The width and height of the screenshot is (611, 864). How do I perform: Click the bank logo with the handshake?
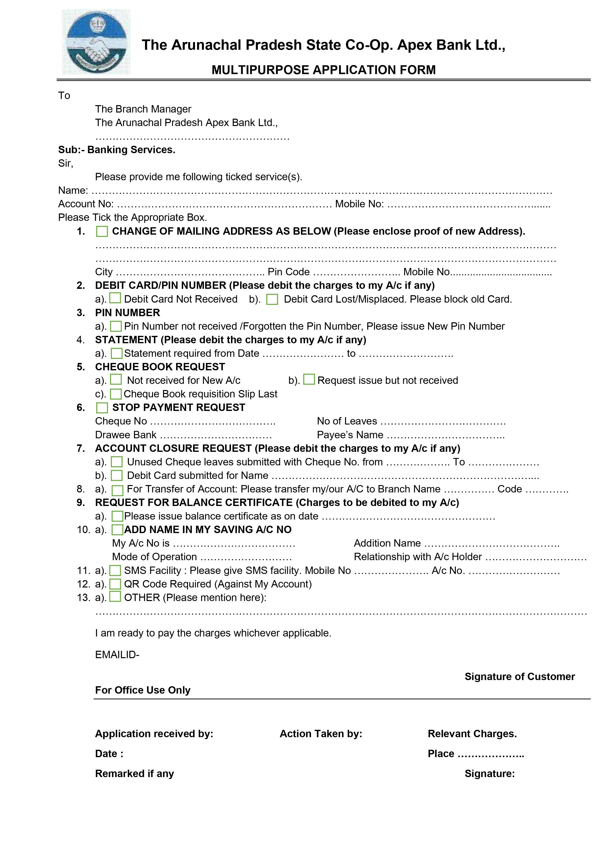[x=96, y=42]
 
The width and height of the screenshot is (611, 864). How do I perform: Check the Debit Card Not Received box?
[x=115, y=298]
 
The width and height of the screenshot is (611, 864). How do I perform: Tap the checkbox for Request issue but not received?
[x=309, y=379]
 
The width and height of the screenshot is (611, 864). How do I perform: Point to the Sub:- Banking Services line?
[x=117, y=150]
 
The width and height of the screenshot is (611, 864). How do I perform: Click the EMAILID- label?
[x=117, y=654]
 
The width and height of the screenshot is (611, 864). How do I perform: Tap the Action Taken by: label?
[x=321, y=734]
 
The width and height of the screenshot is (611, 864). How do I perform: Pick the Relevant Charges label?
[x=472, y=734]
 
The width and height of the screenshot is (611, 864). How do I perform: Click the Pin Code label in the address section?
[x=288, y=272]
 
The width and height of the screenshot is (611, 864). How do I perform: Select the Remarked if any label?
[x=134, y=773]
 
